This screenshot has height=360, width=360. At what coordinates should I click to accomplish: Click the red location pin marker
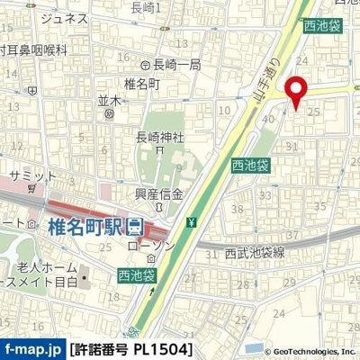pos(295,90)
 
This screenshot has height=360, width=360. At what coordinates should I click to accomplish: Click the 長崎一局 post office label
pos(170,64)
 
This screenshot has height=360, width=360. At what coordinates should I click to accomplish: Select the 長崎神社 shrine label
pos(159,138)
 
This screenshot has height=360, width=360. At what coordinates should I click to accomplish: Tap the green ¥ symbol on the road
pos(192,222)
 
